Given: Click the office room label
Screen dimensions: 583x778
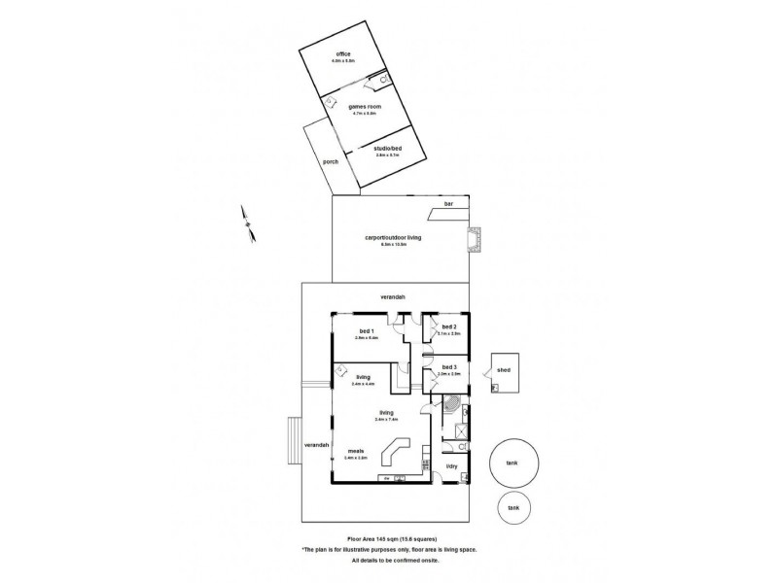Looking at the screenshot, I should (342, 53).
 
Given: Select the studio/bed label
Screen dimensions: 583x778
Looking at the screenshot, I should (387, 148).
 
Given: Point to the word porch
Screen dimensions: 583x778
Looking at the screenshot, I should (331, 161).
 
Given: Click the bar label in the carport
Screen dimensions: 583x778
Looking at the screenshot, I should (448, 204).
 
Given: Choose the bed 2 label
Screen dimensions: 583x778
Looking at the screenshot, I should (448, 327).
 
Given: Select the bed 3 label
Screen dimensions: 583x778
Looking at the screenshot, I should (448, 367).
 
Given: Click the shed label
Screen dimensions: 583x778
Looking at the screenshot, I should (504, 370).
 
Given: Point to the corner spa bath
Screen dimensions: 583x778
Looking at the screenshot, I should (454, 405).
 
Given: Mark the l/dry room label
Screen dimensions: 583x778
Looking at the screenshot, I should (451, 467).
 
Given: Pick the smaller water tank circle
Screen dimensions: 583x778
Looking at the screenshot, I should (513, 508).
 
